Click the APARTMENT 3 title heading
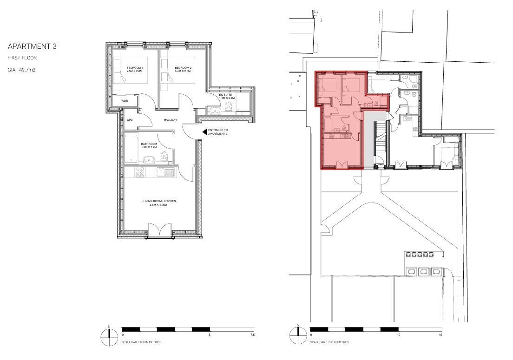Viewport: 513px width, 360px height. point(32,46)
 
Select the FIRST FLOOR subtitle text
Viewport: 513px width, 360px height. point(22,58)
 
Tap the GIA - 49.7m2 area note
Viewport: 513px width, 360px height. point(21,70)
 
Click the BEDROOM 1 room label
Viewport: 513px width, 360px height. point(134,69)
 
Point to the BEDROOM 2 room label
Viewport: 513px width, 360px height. point(183,69)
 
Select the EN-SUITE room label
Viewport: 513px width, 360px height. point(227,96)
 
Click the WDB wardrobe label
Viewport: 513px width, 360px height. point(125,101)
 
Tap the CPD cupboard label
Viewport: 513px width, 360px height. point(130,120)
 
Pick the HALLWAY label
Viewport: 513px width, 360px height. point(171,120)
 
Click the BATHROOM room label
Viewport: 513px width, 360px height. point(149,145)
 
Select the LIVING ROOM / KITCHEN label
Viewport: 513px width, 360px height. point(159,203)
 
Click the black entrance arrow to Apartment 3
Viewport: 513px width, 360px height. point(204,132)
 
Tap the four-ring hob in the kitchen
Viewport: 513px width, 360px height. point(140,172)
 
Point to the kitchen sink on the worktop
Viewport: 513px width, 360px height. point(165,172)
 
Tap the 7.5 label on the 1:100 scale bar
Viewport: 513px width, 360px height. point(252,335)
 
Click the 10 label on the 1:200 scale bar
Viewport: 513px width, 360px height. point(399,335)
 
